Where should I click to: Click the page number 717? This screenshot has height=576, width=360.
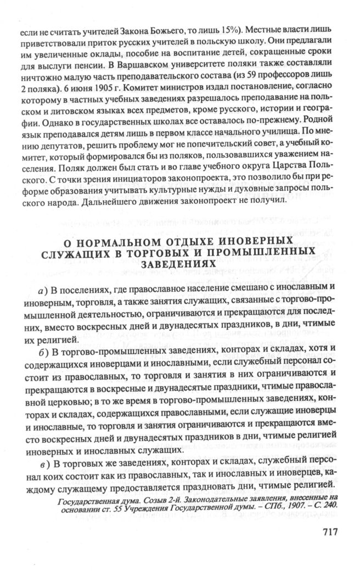click(324, 532)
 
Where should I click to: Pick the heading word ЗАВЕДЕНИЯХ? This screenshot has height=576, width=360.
click(179, 264)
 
